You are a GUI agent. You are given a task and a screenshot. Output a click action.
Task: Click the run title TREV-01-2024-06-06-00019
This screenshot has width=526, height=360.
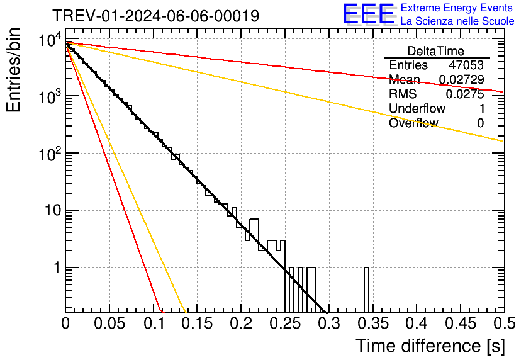(x=155, y=16)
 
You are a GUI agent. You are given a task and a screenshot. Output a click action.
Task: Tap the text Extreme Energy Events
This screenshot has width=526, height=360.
(x=457, y=8)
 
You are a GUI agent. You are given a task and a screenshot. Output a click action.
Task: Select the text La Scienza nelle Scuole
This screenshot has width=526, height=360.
(x=457, y=21)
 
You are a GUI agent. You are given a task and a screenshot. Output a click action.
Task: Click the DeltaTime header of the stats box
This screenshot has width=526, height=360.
(x=436, y=51)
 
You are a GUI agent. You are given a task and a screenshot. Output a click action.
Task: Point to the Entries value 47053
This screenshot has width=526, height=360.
(x=466, y=65)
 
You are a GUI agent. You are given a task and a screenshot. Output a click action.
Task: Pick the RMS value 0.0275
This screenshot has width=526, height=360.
(x=465, y=94)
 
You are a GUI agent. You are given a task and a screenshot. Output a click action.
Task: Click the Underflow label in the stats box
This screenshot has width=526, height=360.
(x=417, y=109)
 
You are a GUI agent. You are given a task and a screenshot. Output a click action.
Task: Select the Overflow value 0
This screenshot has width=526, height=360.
(x=480, y=123)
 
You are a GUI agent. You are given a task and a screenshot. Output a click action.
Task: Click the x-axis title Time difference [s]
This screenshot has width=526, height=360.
(x=430, y=346)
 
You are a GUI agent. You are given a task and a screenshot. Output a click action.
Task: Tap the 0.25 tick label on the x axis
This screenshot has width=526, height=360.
(x=285, y=324)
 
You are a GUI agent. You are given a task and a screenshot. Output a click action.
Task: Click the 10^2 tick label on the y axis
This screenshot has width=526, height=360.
(x=48, y=152)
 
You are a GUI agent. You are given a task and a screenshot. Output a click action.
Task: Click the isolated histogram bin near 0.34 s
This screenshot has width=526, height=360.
(x=366, y=290)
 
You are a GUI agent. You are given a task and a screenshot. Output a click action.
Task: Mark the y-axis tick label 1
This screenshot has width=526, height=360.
(x=55, y=268)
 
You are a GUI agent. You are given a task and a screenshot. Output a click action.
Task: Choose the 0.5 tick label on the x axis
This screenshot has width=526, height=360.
(x=504, y=324)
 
